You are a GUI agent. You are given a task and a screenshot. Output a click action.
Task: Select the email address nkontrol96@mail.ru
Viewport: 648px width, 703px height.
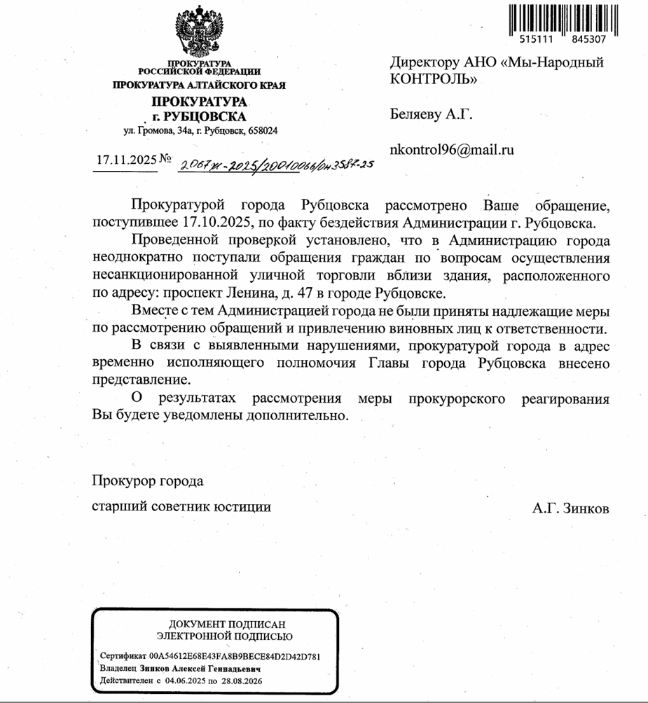click(452, 149)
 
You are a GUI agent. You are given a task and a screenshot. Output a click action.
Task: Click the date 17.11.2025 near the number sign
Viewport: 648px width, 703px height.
click(127, 159)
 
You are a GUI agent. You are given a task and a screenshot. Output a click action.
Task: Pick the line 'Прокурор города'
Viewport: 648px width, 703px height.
click(148, 482)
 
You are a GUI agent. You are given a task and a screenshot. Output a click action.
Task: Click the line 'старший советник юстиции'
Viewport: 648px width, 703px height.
click(181, 506)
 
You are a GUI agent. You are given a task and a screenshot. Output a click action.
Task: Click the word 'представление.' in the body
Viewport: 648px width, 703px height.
click(141, 380)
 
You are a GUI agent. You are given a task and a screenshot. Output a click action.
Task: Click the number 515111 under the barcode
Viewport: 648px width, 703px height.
click(528, 40)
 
